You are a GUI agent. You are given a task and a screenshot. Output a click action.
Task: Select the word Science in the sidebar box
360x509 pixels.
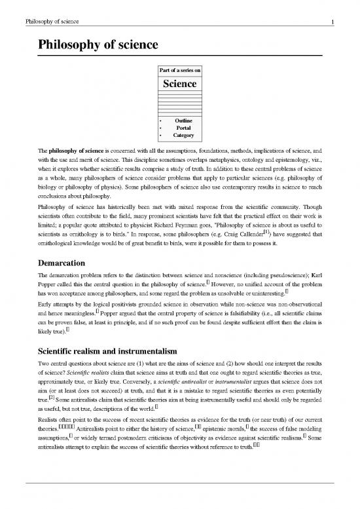click(179, 84)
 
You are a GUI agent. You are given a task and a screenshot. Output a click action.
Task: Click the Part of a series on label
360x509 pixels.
click(179, 69)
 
